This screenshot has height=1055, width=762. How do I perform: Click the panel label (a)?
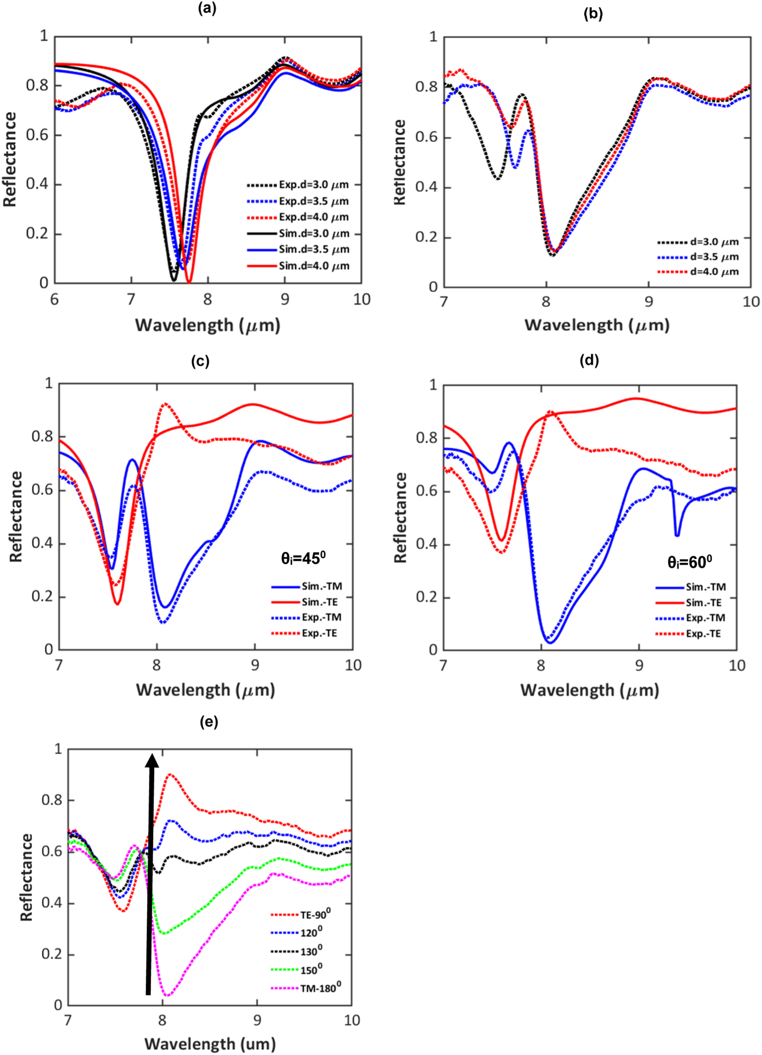(x=207, y=9)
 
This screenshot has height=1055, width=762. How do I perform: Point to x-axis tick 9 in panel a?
(x=285, y=299)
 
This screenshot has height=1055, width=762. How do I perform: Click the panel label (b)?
(x=593, y=14)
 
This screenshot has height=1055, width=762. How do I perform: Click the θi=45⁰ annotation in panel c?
(x=302, y=559)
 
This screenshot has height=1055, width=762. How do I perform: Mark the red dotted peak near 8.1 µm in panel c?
(x=165, y=404)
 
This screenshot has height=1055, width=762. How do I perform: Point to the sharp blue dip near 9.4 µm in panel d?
(x=677, y=535)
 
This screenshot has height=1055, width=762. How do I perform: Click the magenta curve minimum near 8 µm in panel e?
(x=167, y=996)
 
